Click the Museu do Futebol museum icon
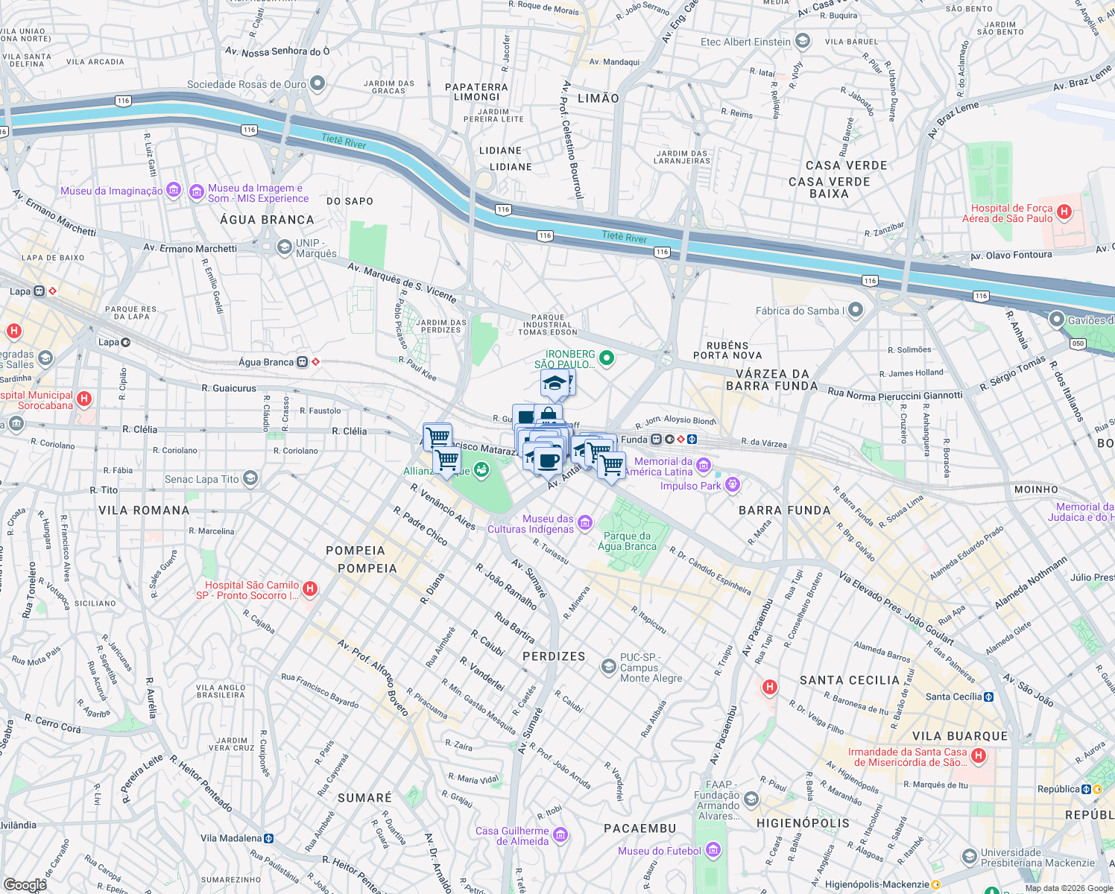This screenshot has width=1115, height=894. coord(713,850)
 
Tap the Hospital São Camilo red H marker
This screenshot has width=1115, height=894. coord(310,589)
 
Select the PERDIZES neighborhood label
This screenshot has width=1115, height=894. coord(554,656)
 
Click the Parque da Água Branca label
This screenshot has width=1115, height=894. coord(627,541)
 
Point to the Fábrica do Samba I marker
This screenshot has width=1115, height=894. coord(855,310)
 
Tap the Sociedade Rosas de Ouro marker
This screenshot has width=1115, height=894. coord(318,83)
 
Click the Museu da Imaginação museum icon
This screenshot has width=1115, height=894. coord(174,191)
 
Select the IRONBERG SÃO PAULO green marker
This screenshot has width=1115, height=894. coord(607,358)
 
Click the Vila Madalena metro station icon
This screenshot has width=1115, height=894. coord(269,838)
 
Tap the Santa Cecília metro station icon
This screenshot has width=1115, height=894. coord(989,697)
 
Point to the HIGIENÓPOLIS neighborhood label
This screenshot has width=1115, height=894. coord(803,823)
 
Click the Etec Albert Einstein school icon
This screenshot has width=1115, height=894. coord(803,41)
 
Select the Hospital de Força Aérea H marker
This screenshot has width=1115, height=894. coord(1064,212)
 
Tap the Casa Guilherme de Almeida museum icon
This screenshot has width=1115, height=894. coord(560,835)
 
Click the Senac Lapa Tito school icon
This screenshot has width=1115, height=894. coord(250,478)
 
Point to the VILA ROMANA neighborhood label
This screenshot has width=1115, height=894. coord(144,510)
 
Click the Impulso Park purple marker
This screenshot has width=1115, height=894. coord(733,485)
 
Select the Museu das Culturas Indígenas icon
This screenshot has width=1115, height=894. coord(585,523)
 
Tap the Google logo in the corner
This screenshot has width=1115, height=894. coord(24,884)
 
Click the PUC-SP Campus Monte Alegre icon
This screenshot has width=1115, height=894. coord(608,667)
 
